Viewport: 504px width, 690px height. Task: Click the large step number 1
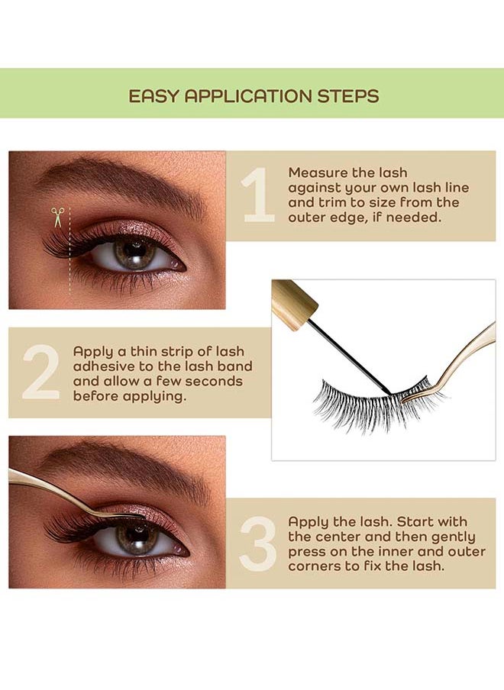[259, 195]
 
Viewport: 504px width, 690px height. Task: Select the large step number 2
[41, 372]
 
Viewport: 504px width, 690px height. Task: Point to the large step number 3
[258, 544]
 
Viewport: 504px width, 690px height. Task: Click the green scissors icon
[57, 217]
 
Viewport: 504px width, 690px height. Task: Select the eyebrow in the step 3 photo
[123, 466]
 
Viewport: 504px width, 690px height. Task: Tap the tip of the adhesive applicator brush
[389, 392]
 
